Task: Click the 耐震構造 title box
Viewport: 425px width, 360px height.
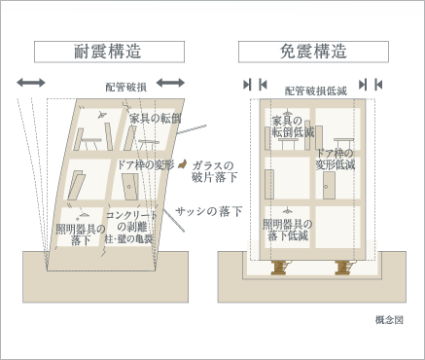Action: click(109, 52)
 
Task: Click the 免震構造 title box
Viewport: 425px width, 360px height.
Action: click(313, 52)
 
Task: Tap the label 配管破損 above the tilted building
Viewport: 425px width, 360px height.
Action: click(126, 87)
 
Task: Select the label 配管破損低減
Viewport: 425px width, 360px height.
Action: click(316, 91)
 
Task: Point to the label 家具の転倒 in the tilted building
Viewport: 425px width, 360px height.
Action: click(155, 119)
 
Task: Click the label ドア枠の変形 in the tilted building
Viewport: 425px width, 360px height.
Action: click(146, 164)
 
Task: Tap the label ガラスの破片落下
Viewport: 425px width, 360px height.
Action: click(214, 171)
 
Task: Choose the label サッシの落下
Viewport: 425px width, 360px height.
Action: click(209, 211)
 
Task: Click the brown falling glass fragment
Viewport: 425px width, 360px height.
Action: click(182, 164)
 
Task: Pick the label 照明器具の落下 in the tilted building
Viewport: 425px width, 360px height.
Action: click(81, 234)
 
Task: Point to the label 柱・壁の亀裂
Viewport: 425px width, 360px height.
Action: click(128, 239)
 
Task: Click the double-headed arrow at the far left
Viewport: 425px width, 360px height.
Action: click(31, 83)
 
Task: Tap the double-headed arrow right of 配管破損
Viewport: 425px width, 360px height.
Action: click(170, 83)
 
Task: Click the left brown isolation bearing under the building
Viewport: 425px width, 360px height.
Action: click(279, 268)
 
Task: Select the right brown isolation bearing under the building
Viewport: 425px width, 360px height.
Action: click(343, 268)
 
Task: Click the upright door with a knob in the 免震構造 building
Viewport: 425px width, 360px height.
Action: click(329, 186)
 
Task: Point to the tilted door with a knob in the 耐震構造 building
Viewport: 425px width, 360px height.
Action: click(130, 186)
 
